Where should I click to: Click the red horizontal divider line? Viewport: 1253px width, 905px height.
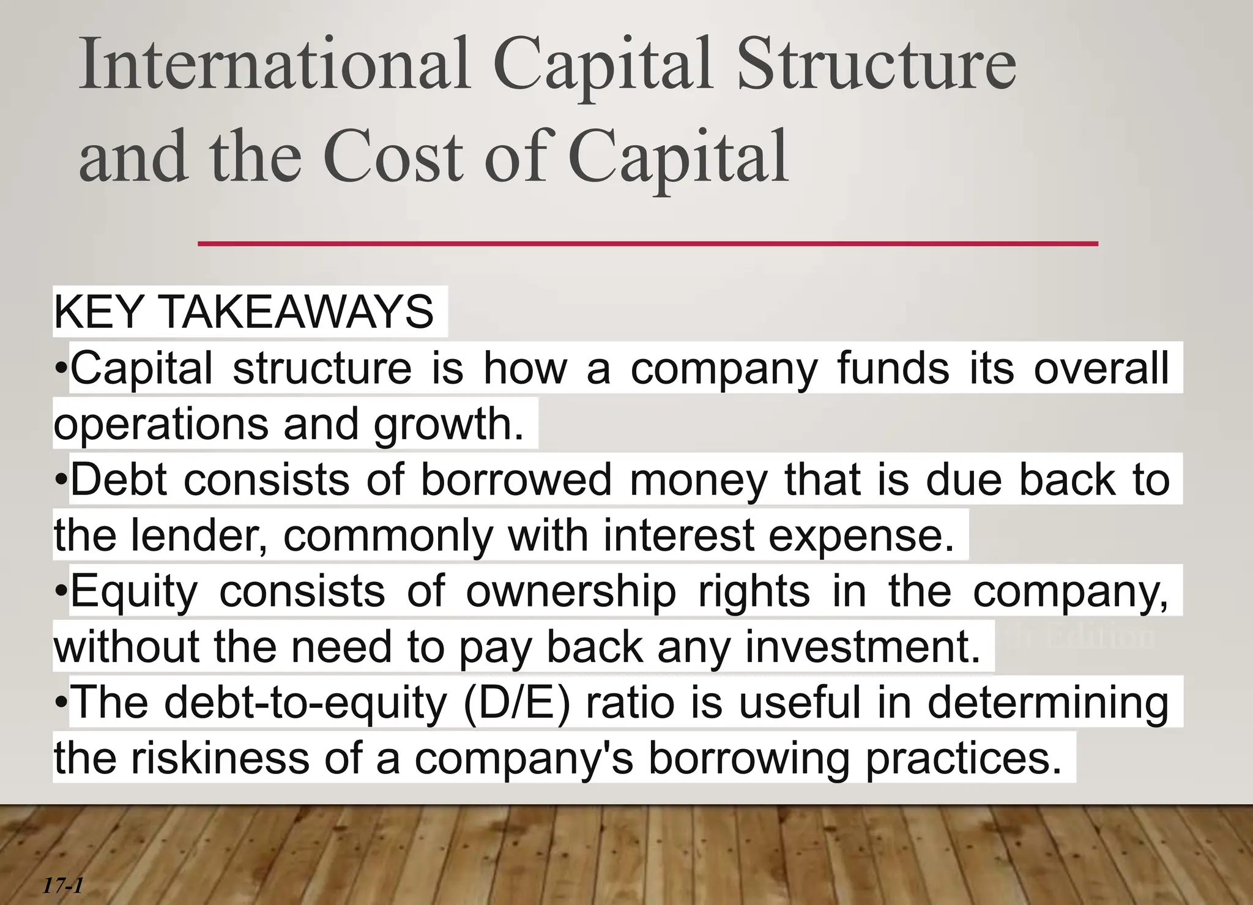[647, 244]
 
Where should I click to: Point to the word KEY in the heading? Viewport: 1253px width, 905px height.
[98, 312]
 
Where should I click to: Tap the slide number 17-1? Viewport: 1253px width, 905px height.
[62, 885]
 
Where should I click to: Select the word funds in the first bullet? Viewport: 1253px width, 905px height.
[893, 368]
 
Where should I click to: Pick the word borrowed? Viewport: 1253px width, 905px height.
[516, 480]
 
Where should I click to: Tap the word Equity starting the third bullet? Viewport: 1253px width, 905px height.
[134, 592]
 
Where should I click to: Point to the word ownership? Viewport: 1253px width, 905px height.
[571, 592]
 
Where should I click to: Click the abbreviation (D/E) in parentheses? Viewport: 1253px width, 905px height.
[517, 703]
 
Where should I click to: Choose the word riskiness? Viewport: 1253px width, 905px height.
[220, 759]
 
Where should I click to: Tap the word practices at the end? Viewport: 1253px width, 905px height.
[963, 759]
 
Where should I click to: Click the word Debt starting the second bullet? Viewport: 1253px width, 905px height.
[119, 480]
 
